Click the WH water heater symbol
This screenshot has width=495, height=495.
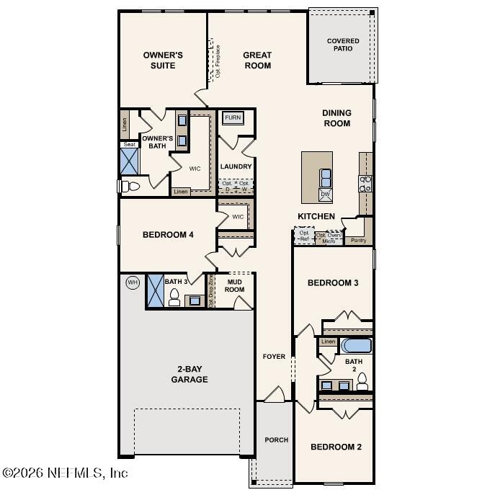coord(133,282)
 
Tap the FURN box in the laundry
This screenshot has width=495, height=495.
coord(233,118)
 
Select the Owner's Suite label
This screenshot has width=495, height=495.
coord(163,61)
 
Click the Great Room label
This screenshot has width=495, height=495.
coord(257,61)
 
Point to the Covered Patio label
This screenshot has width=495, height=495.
coord(342,45)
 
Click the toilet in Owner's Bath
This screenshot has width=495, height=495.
coord(130,187)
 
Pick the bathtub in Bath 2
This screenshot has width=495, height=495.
coord(356,345)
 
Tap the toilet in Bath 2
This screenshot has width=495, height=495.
coord(362,380)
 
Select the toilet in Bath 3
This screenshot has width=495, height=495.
coord(174,298)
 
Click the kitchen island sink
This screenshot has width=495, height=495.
coord(326,176)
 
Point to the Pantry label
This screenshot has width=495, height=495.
coord(357,241)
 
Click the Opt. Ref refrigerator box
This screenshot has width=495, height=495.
coord(303,236)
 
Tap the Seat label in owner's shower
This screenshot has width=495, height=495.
coord(129,144)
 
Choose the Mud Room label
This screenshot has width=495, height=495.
coord(235,285)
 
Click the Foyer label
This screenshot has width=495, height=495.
coord(274,357)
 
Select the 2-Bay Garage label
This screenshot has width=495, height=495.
coord(189,374)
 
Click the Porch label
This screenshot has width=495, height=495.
coord(276,440)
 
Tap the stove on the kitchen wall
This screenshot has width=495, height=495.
coord(365,184)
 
